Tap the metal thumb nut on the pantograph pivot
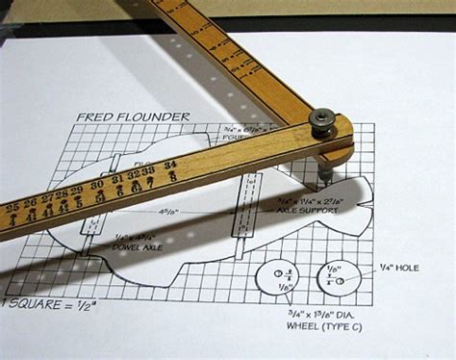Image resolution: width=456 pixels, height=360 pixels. (321, 120)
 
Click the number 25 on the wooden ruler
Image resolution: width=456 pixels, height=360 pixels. (13, 206)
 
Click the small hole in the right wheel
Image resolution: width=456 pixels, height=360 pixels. (342, 279)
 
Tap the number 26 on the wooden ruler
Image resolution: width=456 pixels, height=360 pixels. (29, 202)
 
